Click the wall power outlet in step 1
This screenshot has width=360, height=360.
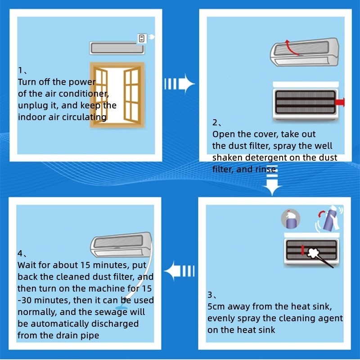coord(142,38)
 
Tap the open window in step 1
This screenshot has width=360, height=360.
coord(117,94)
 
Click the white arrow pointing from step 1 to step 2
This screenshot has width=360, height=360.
coord(180,83)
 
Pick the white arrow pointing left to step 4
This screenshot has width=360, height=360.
coord(180,271)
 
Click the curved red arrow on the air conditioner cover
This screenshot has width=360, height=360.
coord(291,48)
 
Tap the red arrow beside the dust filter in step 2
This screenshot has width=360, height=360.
coord(340,102)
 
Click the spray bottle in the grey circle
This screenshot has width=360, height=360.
coord(291,219)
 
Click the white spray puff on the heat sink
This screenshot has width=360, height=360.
coord(312,252)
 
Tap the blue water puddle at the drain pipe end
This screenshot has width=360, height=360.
coord(121,308)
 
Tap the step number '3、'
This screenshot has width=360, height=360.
coord(211,295)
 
